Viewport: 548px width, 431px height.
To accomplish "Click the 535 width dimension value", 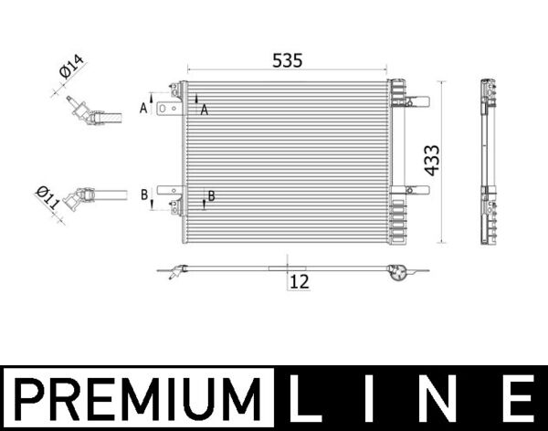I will pos(287,60).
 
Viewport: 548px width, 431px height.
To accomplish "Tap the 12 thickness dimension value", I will pos(299,282).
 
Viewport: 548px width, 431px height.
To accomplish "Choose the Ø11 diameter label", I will pos(47,198).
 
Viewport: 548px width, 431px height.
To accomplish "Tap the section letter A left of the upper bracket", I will pos(142,108).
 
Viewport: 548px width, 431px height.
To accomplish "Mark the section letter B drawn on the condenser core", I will pos(211,195).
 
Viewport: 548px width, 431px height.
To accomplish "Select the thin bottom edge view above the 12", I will pos(288,268).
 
